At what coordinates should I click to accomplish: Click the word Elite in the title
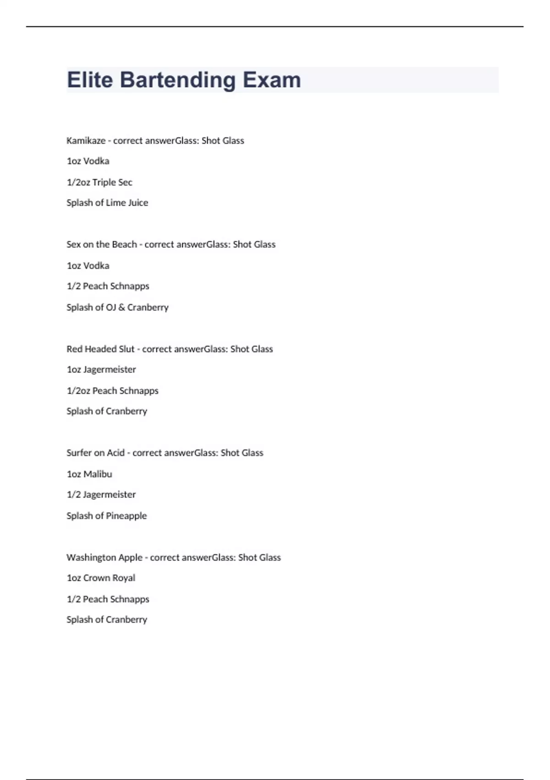pos(90,80)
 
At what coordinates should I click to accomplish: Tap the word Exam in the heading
pos(272,80)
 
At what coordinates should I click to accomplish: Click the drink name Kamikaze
pos(86,140)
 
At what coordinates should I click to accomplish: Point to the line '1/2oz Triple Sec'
pos(99,182)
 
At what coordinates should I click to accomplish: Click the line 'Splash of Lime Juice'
pos(107,202)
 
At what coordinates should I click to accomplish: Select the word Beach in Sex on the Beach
pos(125,244)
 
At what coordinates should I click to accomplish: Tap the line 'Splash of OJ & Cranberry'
pos(117,307)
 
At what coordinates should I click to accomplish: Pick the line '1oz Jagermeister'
pos(101,369)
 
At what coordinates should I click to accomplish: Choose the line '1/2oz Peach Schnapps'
pos(112,390)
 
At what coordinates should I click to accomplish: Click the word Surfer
pos(79,453)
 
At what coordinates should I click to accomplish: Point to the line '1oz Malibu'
pos(89,474)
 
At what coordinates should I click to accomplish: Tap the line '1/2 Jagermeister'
pos(101,495)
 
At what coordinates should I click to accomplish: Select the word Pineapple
pos(126,516)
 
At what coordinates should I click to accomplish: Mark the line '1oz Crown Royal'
pos(101,578)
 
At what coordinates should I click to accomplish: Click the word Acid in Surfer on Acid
pos(115,453)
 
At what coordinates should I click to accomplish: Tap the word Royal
pos(124,578)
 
